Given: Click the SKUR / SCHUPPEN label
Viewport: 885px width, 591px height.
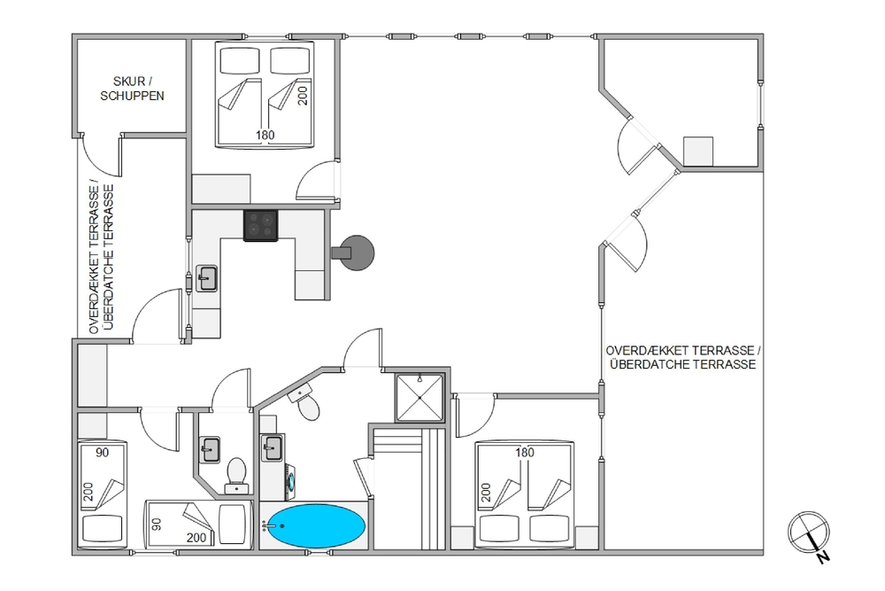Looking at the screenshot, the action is (x=132, y=89).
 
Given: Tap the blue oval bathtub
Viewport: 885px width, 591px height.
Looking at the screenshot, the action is (x=316, y=525).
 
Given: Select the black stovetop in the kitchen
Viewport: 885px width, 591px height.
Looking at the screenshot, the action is (x=261, y=225).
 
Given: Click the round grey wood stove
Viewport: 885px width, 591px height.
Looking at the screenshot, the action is (x=355, y=253).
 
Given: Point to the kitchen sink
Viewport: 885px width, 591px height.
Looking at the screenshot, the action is (x=206, y=278).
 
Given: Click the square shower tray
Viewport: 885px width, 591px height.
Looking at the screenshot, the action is (x=419, y=397).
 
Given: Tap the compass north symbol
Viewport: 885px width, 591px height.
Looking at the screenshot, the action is (x=809, y=533).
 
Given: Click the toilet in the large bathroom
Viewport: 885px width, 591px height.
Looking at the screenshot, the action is (x=304, y=402).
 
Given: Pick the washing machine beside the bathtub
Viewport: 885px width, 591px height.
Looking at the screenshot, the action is (x=289, y=481).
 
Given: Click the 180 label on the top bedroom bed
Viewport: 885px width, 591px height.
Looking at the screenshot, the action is (x=265, y=135).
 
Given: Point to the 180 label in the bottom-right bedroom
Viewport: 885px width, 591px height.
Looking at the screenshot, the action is (x=524, y=452).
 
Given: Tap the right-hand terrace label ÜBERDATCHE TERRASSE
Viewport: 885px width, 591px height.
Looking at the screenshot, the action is (x=683, y=364).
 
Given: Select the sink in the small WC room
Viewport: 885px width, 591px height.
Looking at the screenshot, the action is (x=210, y=450).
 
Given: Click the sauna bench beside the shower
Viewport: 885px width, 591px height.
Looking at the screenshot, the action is (x=409, y=489).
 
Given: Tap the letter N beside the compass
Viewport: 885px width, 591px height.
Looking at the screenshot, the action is (x=823, y=557).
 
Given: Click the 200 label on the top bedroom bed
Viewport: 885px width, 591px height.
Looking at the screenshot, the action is (x=303, y=95).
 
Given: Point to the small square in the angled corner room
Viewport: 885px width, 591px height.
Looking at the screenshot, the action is (x=698, y=151).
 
